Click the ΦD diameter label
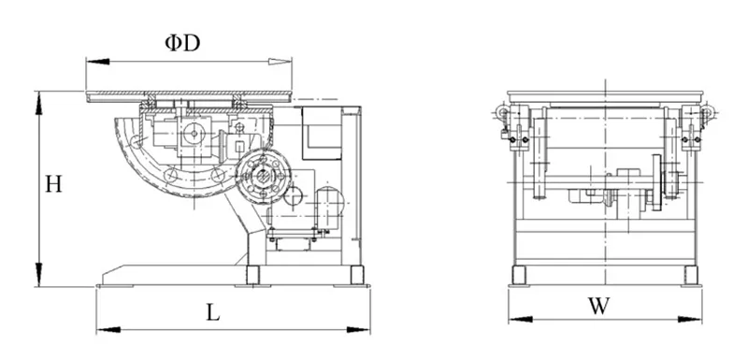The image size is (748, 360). click(182, 43)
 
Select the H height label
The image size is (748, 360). click(53, 183)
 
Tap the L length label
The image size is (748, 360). click(213, 312)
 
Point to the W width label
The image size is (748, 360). click(598, 306)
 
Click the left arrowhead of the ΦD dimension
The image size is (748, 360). click(98, 62)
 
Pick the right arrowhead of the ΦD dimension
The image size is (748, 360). click(280, 62)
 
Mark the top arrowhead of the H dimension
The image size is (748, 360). click(38, 103)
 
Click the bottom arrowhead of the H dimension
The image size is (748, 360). click(38, 275)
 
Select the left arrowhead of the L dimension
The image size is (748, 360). click(108, 329)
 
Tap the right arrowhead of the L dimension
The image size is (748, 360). click(358, 329)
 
